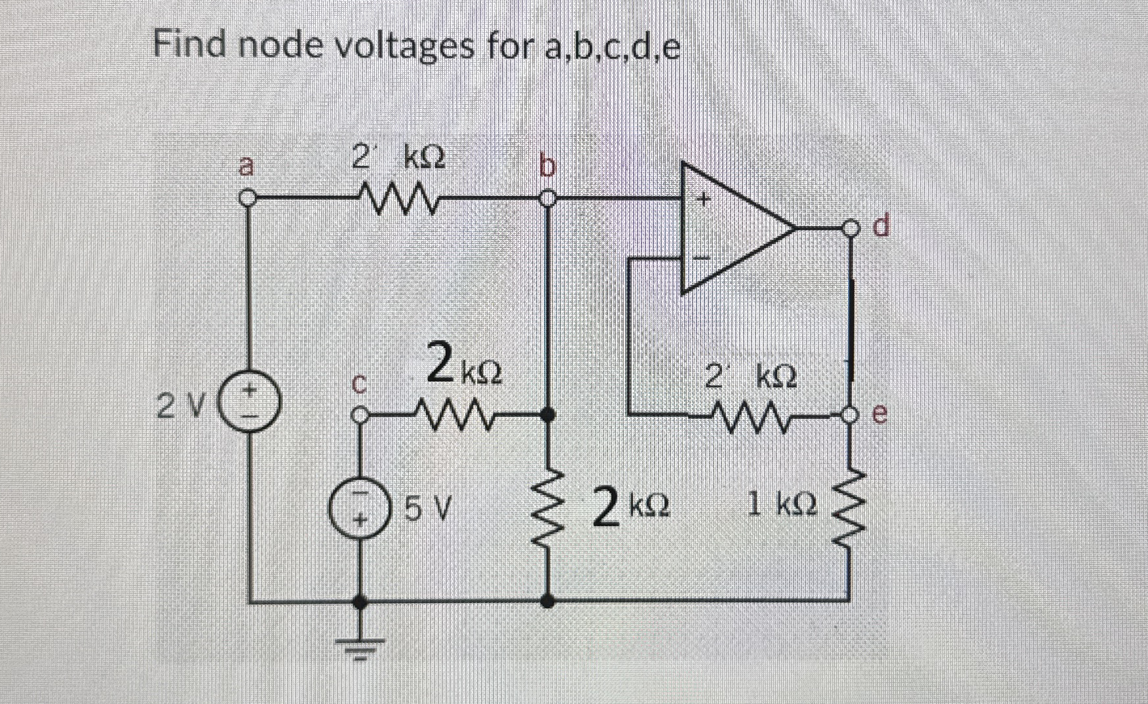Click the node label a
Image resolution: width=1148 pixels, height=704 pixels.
(245, 166)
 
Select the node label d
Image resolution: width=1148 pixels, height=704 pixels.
(883, 227)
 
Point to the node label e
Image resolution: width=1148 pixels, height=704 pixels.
(881, 414)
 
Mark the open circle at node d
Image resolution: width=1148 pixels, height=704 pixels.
(851, 229)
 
